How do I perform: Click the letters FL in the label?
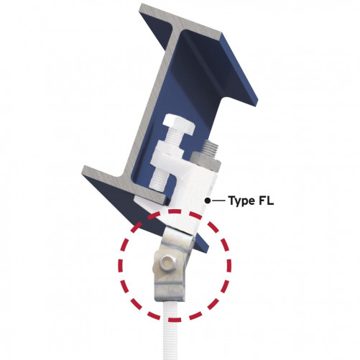pos(266,200)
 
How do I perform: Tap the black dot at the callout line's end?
pos(208,200)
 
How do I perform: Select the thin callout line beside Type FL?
pos(218,200)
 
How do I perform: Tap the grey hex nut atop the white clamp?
pos(206,161)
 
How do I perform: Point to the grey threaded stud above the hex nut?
pos(211,147)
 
